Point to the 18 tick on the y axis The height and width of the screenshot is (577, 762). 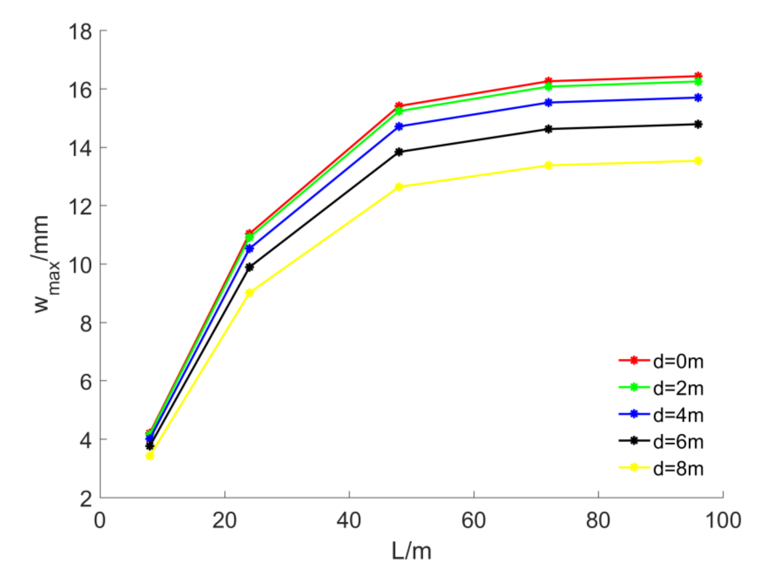pyautogui.click(x=80, y=32)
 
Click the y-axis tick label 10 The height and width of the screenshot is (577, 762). pyautogui.click(x=80, y=265)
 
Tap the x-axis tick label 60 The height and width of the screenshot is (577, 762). pyautogui.click(x=474, y=520)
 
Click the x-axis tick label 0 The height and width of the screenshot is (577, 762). pyautogui.click(x=100, y=520)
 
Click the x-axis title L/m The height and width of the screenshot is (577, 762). pyautogui.click(x=411, y=551)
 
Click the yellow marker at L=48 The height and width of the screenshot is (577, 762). pyautogui.click(x=399, y=187)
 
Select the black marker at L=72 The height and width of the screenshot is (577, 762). pyautogui.click(x=549, y=129)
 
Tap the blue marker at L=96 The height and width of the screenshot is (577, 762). pyautogui.click(x=698, y=98)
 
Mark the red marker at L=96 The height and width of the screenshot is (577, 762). pyautogui.click(x=698, y=76)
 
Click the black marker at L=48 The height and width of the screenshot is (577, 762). pyautogui.click(x=399, y=152)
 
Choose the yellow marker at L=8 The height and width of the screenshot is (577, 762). pyautogui.click(x=150, y=457)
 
